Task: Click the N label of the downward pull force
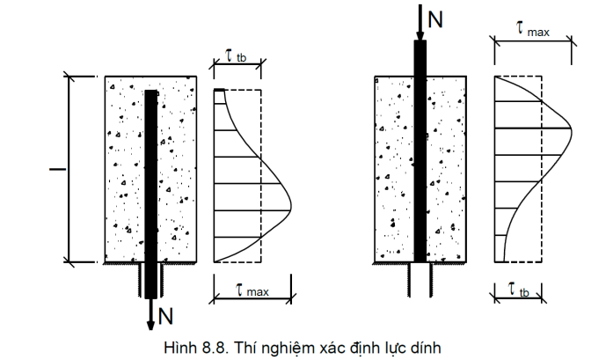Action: pyautogui.click(x=165, y=316)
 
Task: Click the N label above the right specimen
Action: pyautogui.click(x=435, y=19)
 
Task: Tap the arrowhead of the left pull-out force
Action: pyautogui.click(x=150, y=326)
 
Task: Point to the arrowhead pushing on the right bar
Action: pyautogui.click(x=420, y=36)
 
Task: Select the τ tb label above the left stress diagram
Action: pyautogui.click(x=237, y=56)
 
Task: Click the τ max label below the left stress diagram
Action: pyautogui.click(x=252, y=290)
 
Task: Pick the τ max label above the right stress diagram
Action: pyautogui.click(x=533, y=30)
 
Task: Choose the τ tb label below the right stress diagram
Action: pyautogui.click(x=519, y=290)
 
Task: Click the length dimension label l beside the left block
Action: pyautogui.click(x=57, y=169)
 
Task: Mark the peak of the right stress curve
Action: pyautogui.click(x=571, y=129)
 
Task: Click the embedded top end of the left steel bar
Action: pyautogui.click(x=151, y=91)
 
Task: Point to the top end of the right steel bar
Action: pyautogui.click(x=420, y=41)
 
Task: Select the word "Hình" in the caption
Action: pyautogui.click(x=181, y=348)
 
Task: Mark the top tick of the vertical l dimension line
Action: pyautogui.click(x=69, y=77)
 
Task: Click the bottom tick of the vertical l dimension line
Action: pyautogui.click(x=69, y=261)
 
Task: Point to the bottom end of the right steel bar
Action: pyautogui.click(x=420, y=261)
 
